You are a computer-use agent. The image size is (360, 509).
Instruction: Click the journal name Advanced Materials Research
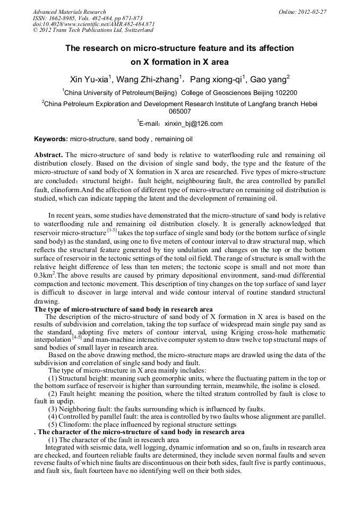pos(69,12)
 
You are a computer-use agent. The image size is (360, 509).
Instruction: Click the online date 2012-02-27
pos(312,12)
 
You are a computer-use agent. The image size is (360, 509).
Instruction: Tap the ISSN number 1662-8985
pos(61,18)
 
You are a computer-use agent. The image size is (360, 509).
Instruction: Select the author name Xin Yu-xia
pos(90,80)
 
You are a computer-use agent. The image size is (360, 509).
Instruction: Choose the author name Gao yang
pos(269,80)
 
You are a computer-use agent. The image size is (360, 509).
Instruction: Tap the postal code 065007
pos(180,111)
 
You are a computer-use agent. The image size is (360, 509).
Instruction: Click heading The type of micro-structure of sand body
pos(123,309)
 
